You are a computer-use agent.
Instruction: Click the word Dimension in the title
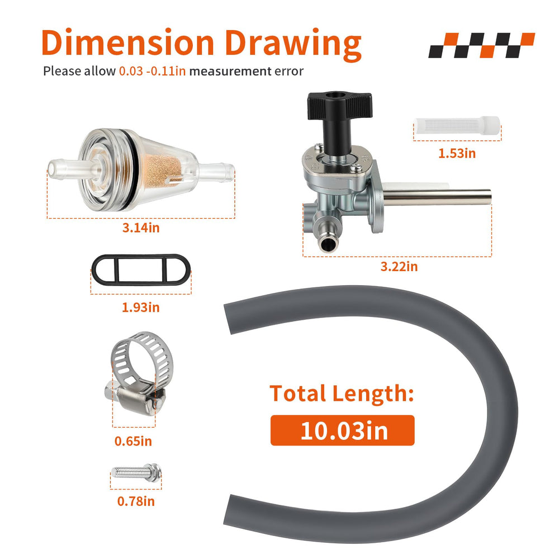point(127,43)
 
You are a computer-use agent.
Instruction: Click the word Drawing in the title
point(293,45)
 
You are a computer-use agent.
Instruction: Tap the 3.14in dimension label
point(141,228)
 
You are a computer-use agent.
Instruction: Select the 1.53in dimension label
point(457,153)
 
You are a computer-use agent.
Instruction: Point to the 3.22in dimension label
point(399,267)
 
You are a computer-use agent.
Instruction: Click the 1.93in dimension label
point(141,307)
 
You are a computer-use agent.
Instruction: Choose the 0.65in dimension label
point(133,442)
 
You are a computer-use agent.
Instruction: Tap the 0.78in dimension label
point(136,501)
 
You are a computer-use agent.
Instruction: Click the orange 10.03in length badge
point(342,430)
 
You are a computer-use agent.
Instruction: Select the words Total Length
point(342,394)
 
